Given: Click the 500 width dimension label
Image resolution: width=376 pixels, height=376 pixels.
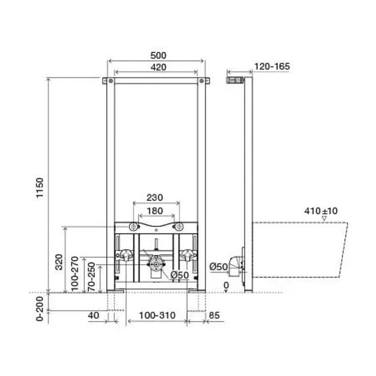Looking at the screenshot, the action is pos(158,55).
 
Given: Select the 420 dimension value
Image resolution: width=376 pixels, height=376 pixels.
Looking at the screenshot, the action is pos(158,67).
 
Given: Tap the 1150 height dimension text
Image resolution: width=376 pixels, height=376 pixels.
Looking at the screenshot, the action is pos(40,188).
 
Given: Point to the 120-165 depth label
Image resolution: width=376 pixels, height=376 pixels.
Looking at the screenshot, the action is pos(272,66).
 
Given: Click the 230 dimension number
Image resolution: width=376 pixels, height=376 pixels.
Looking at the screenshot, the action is pos(155,198).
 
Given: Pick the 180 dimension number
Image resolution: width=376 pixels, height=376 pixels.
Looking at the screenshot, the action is pos(155,211).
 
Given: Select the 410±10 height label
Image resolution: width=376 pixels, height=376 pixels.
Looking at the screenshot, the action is pos(321,211).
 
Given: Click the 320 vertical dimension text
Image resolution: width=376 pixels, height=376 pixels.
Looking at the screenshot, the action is pos(59,262).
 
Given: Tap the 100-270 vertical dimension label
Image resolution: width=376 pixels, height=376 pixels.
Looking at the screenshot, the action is pos(75,274).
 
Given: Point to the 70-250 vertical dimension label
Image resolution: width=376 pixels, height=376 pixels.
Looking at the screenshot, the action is pos(91,277).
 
